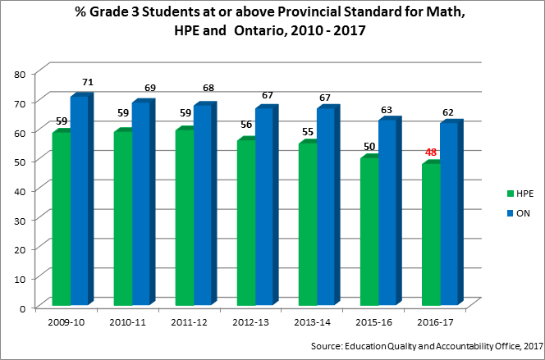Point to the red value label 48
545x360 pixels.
(431, 152)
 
